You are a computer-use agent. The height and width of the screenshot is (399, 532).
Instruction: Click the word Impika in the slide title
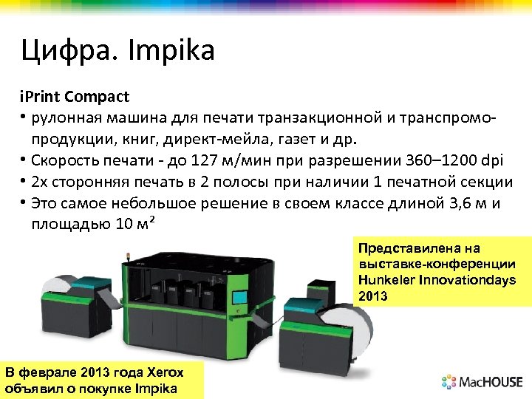click(x=171, y=52)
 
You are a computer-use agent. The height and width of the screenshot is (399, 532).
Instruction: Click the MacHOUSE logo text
click(x=491, y=382)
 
